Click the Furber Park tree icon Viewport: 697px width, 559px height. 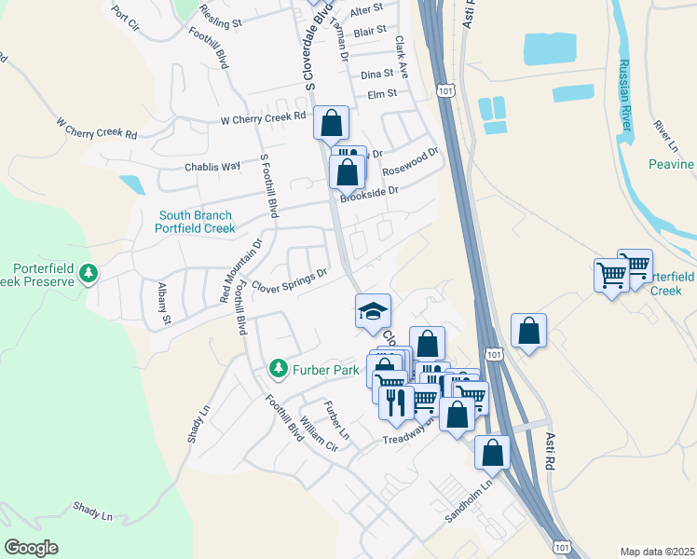point(279,370)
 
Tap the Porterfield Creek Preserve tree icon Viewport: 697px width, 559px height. point(89,274)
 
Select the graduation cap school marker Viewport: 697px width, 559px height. point(373,310)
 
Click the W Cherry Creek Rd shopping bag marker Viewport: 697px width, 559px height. point(331,122)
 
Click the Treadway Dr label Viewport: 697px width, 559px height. point(410,434)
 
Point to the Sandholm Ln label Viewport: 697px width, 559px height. point(469,505)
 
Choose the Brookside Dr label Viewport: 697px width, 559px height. point(369,194)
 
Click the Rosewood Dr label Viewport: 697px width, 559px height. point(410,164)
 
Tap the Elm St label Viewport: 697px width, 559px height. point(382,93)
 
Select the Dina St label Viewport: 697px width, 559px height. point(377,74)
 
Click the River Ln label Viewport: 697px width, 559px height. point(665,136)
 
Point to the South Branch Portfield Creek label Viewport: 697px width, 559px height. point(197,222)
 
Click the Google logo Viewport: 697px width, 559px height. point(31,548)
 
